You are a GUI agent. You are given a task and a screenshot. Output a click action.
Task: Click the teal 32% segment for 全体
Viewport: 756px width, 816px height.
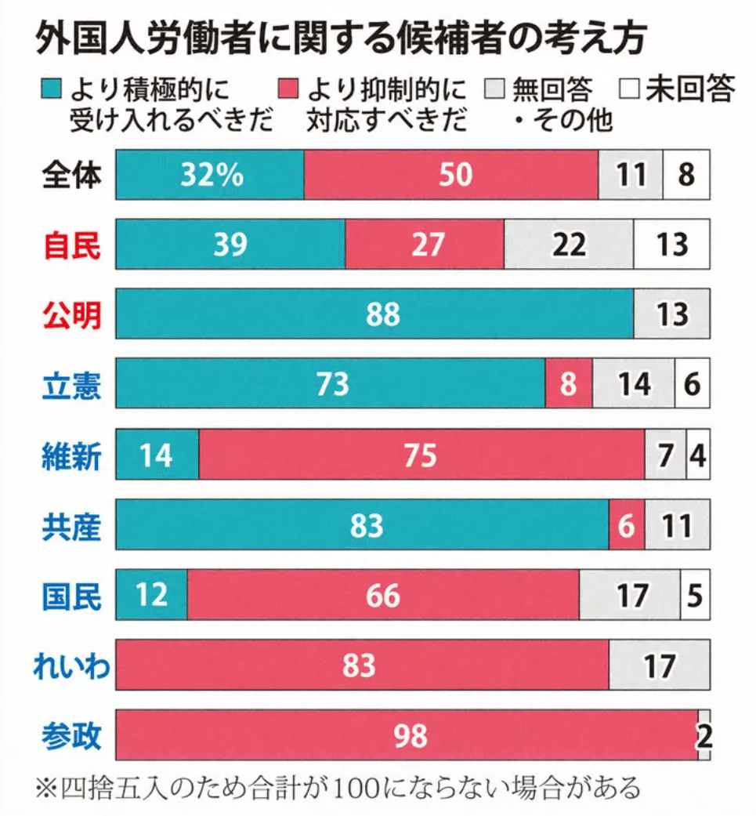pyautogui.click(x=209, y=174)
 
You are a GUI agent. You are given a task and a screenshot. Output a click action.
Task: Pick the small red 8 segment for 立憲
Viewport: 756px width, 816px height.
pyautogui.click(x=568, y=384)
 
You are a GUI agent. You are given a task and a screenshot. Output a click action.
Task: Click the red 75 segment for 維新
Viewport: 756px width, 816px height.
pyautogui.click(x=421, y=455)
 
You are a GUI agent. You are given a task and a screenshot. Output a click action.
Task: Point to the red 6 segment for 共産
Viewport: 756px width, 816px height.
pyautogui.click(x=626, y=524)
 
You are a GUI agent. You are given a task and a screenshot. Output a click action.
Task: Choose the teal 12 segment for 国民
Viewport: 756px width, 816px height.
pyautogui.click(x=151, y=595)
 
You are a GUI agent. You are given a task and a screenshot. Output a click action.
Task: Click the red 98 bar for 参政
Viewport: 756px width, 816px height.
pyautogui.click(x=407, y=735)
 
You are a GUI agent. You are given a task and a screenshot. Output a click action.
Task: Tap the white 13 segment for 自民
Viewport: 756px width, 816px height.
pyautogui.click(x=671, y=245)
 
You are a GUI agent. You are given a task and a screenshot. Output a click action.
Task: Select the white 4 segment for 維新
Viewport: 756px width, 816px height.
pyautogui.click(x=697, y=455)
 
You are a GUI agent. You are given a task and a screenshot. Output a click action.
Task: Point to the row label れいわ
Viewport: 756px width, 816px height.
pyautogui.click(x=71, y=667)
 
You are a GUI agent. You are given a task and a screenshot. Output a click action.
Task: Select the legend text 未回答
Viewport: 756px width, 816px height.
pyautogui.click(x=690, y=89)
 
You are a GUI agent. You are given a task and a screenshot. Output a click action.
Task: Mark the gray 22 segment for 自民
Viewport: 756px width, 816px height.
pyautogui.click(x=568, y=245)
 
